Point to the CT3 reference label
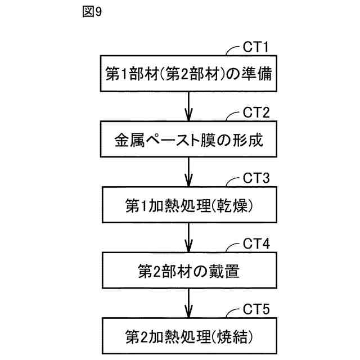(x=256, y=178)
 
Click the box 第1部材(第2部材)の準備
(x=190, y=74)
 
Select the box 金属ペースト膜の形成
(x=190, y=139)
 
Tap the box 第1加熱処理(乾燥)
(x=190, y=205)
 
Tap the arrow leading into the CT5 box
(x=190, y=303)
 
